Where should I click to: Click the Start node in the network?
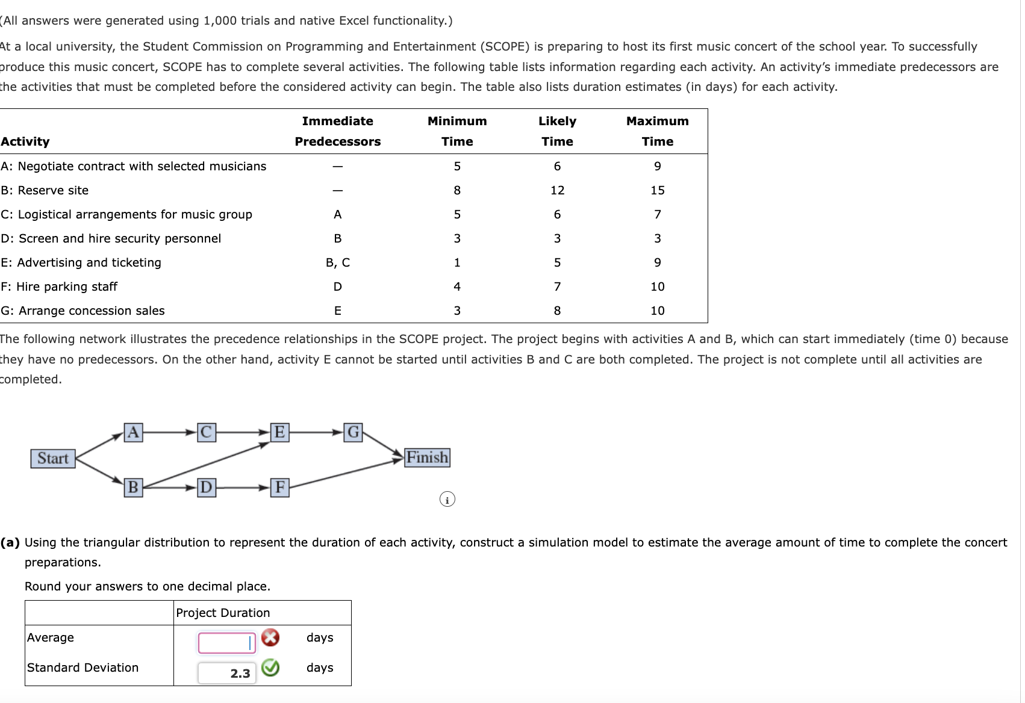53,459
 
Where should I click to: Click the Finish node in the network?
427,457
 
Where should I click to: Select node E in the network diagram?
279,432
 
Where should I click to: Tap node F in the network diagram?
279,487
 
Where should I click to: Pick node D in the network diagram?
206,487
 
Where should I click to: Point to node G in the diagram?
354,432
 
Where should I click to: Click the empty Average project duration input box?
227,643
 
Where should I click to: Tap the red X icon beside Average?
270,637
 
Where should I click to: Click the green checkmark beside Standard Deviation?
270,667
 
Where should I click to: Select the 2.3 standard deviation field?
227,673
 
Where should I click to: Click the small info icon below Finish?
447,500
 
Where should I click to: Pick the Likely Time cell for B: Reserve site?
557,190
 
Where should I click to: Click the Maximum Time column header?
657,131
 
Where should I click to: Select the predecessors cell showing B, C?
337,262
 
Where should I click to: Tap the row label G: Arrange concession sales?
83,311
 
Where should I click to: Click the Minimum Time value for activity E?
457,262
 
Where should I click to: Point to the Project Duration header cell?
223,613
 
